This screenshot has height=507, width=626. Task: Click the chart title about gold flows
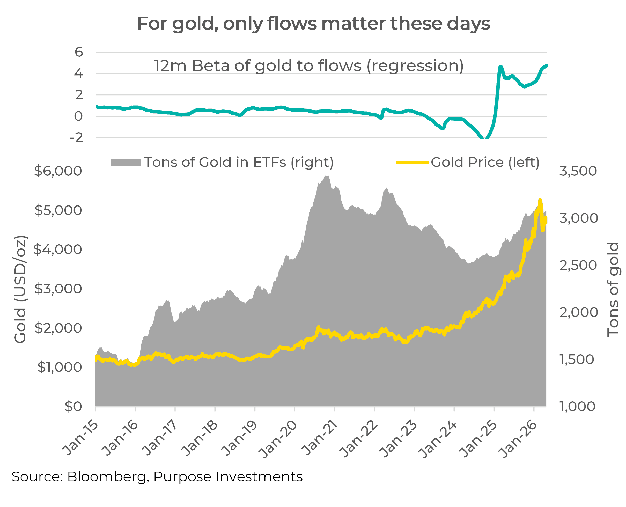tap(313, 23)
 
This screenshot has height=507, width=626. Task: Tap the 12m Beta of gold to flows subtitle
tap(308, 66)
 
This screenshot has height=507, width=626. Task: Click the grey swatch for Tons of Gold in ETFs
tap(126, 162)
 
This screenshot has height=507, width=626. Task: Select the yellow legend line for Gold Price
tap(412, 162)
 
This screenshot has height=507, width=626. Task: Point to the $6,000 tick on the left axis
tap(58, 171)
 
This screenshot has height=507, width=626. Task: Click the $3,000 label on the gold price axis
tap(58, 289)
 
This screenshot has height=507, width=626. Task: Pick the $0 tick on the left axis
tap(73, 407)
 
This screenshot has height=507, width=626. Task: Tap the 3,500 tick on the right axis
tap(578, 171)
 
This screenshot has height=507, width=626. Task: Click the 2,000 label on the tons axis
tap(578, 312)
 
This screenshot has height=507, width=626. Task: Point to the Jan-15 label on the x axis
tap(80, 438)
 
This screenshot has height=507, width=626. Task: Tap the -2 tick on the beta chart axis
tap(77, 138)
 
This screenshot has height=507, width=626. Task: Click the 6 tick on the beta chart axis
tap(79, 52)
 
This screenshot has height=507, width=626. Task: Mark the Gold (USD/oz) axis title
tap(20, 289)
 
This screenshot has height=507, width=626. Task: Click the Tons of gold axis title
tap(613, 289)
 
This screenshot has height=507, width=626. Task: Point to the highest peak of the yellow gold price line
tap(540, 200)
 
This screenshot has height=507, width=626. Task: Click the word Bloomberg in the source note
tap(107, 477)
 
